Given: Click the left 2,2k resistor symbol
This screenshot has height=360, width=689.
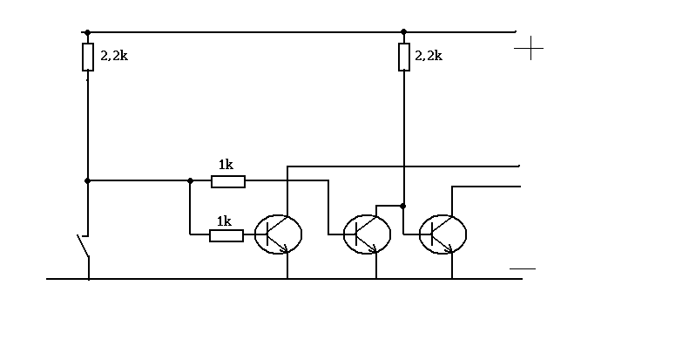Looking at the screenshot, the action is coord(88,57).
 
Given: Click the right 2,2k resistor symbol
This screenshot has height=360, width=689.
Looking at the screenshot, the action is coord(404,57).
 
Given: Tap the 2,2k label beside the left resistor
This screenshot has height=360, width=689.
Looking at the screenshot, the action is coord(114,56).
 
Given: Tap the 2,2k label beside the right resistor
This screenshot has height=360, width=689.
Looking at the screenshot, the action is coord(429,56).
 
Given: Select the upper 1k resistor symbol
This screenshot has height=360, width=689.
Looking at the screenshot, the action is coord(228,181).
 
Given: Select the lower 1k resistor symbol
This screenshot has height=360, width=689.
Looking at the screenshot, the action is coord(226,235).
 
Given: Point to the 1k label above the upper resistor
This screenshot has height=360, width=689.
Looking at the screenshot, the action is coord(226,165).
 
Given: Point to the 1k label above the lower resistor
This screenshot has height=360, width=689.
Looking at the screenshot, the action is coord(224,221).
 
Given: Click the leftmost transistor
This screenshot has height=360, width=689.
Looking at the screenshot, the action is coord(278,234).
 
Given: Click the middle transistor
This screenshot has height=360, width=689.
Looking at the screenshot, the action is coord(367,234).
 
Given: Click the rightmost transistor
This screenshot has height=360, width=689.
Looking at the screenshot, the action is coord(442,234).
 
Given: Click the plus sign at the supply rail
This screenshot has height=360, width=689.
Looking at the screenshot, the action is coord(529,48).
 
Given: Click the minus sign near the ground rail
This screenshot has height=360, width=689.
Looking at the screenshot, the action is coord(523,268).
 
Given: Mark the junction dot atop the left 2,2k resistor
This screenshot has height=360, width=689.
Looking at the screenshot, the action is coord(87,32).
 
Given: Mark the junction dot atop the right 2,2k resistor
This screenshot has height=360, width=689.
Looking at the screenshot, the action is coord(404,31).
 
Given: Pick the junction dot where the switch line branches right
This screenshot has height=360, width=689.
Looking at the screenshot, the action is coord(87,180).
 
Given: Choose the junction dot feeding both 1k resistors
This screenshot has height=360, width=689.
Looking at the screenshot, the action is coord(190,180).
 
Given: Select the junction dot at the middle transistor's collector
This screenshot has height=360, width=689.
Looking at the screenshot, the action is coord(403,206).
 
